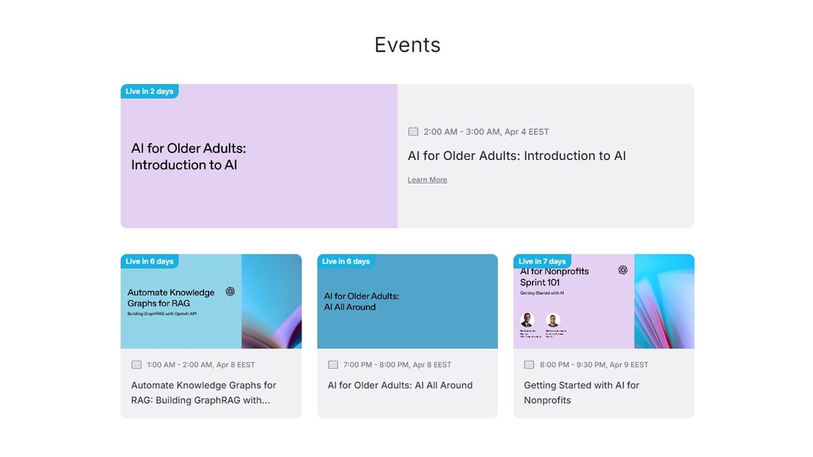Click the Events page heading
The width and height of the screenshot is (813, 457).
tap(407, 45)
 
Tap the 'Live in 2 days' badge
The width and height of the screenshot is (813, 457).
tap(150, 91)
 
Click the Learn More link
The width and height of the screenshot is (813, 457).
tap(427, 179)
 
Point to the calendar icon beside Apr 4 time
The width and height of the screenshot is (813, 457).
tap(413, 131)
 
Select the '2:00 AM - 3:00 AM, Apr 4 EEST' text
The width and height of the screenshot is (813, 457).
tap(486, 131)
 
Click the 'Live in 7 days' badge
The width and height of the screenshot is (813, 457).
tap(542, 261)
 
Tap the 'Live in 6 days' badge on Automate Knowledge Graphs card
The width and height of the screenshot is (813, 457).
tap(150, 261)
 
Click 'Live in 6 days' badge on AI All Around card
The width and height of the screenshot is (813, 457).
tap(346, 261)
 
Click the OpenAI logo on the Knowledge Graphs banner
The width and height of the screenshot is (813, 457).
tap(230, 291)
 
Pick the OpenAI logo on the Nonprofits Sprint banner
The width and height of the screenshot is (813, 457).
tap(623, 269)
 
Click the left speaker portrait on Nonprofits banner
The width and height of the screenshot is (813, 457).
tap(527, 320)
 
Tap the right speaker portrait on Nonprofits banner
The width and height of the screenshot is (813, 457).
tap(553, 320)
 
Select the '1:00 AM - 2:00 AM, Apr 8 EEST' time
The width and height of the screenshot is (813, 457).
tap(201, 364)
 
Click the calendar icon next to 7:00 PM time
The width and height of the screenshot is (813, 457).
tap(333, 364)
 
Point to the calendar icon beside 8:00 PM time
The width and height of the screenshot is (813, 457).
tap(529, 364)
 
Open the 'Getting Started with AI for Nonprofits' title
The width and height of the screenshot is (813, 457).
tap(581, 393)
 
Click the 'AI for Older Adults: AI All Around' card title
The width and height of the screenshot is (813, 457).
tap(400, 385)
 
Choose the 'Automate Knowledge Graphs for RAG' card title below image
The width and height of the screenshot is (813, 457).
tap(203, 393)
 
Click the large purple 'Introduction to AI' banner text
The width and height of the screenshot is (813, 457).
tap(188, 156)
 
